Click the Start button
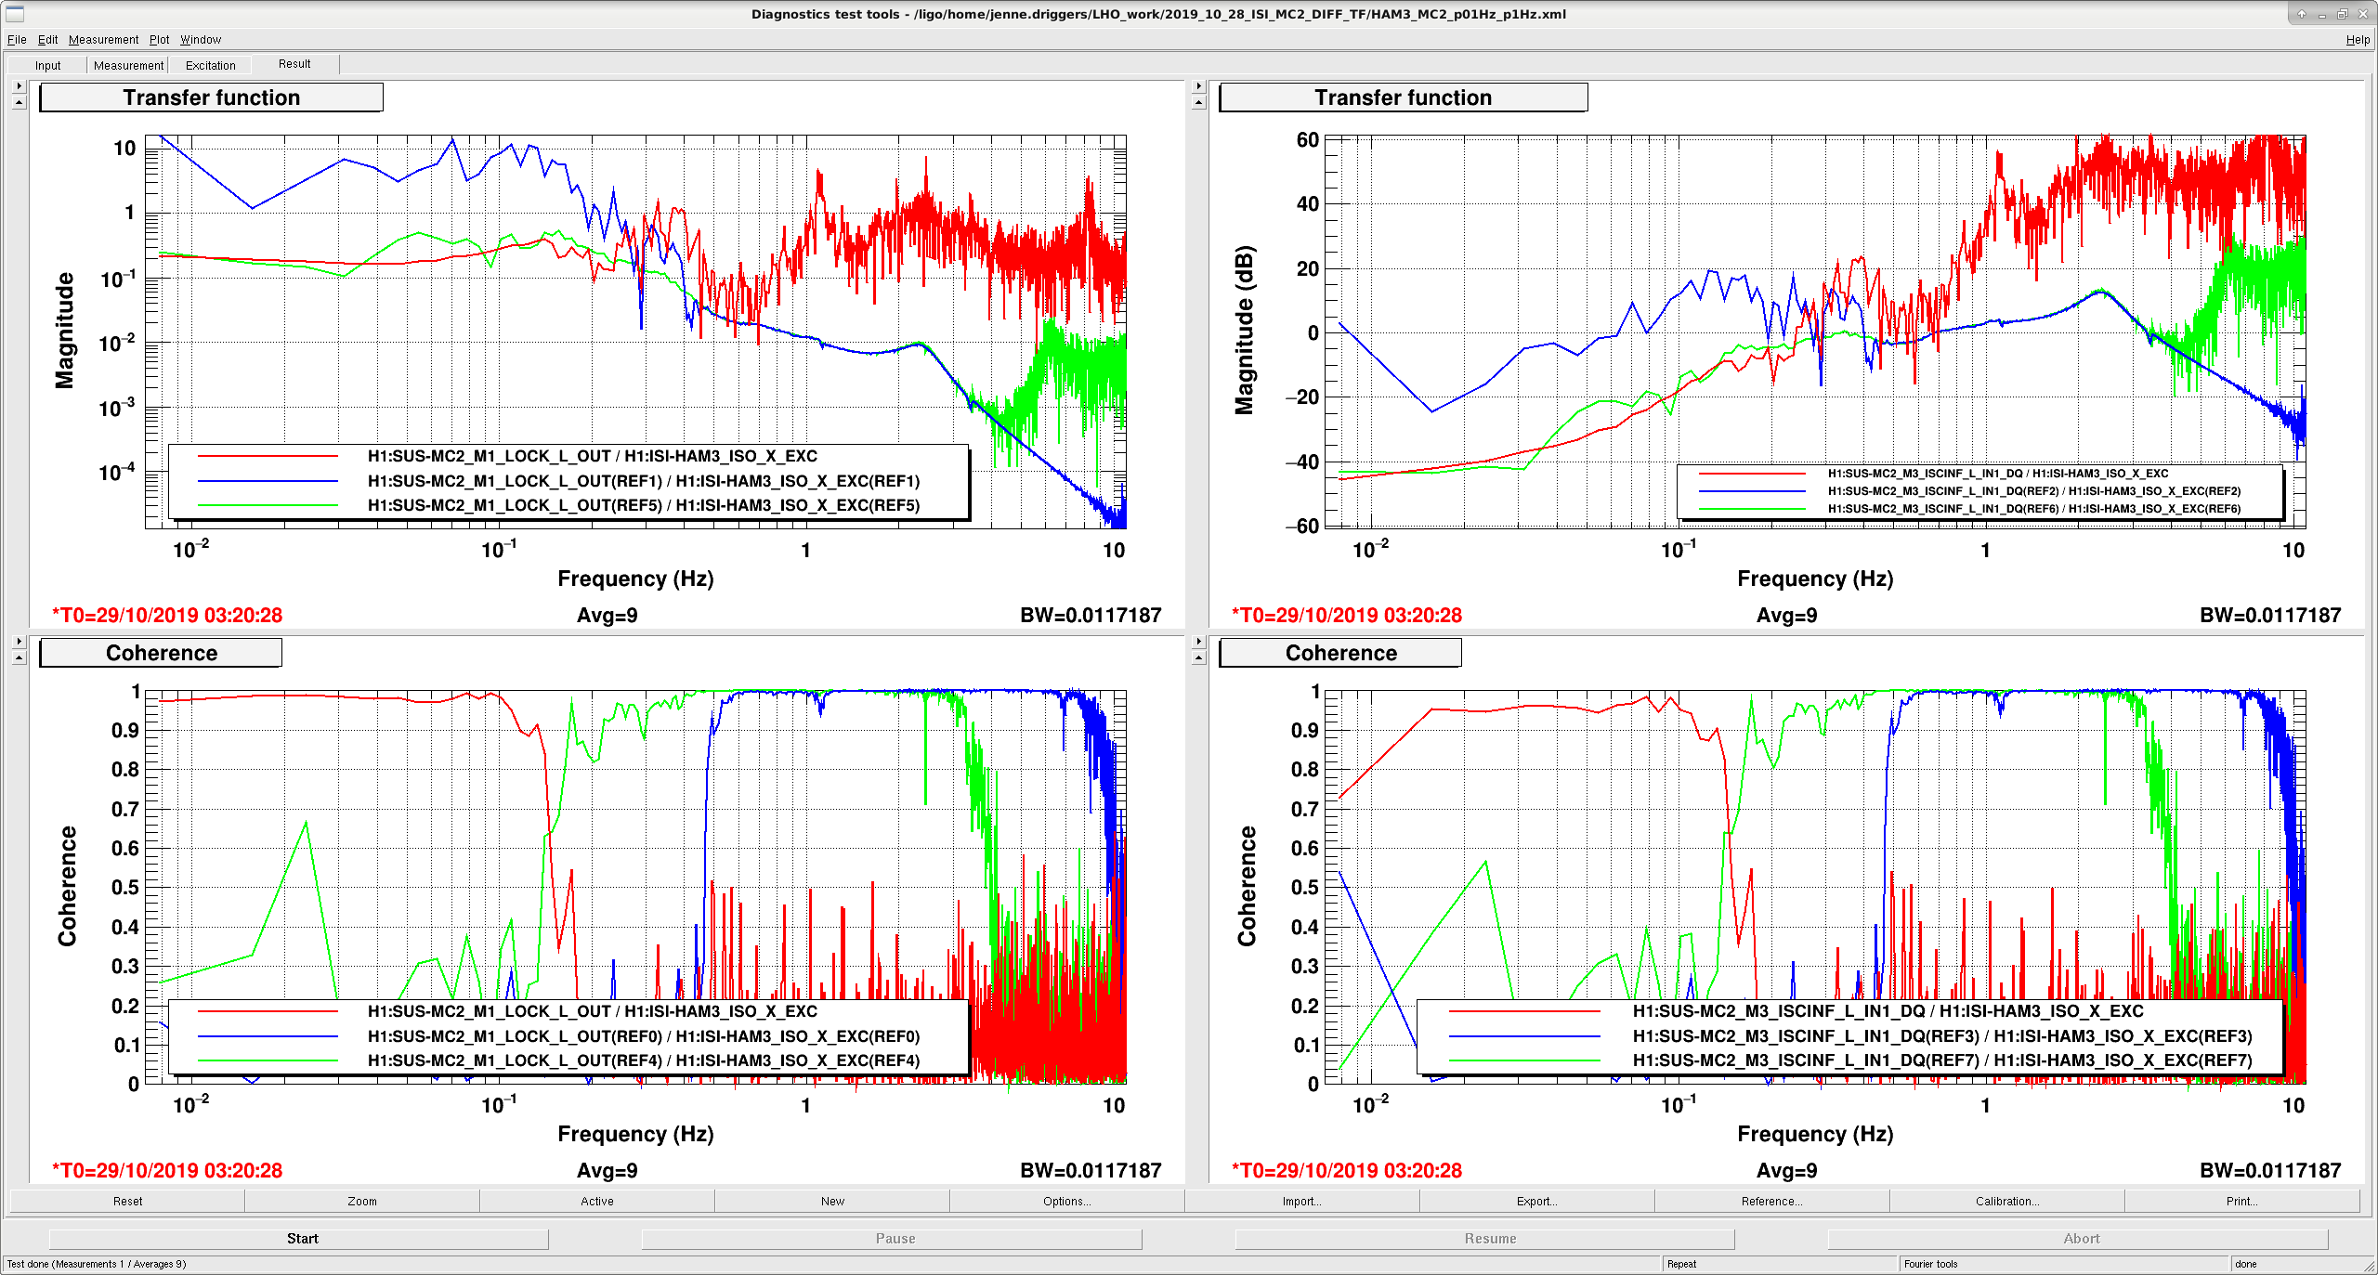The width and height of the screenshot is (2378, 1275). tap(302, 1239)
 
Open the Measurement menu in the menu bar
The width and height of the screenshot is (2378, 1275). tap(103, 40)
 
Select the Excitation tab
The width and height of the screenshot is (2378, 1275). tap(210, 65)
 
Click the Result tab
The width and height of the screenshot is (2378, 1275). tap(294, 64)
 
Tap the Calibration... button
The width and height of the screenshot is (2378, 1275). tap(2006, 1202)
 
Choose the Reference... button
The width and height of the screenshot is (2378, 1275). tap(1771, 1202)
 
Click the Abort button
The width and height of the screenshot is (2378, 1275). tap(2081, 1239)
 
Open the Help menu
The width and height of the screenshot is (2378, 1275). tap(2358, 40)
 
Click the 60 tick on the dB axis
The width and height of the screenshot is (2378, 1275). tap(1307, 140)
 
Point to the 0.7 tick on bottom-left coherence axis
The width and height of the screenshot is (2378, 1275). tap(125, 809)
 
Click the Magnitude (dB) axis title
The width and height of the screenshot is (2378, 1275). tap(1245, 330)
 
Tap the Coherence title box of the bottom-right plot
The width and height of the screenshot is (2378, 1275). tap(1339, 653)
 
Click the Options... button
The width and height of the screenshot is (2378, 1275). tap(1066, 1202)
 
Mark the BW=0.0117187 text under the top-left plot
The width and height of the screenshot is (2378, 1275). tap(1091, 616)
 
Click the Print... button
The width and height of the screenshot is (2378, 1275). tap(2241, 1202)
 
